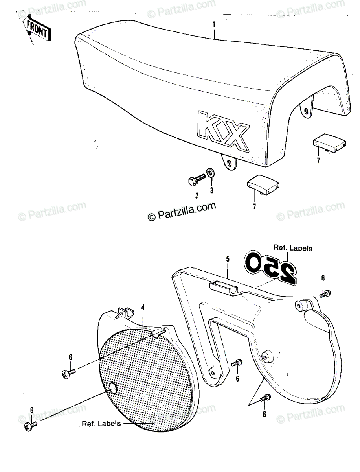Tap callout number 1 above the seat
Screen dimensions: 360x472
point(214,24)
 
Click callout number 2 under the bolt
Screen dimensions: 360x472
point(197,195)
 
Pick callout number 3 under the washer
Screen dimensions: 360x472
point(212,190)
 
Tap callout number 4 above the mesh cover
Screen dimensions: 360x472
point(143,308)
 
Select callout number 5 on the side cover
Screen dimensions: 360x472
point(228,259)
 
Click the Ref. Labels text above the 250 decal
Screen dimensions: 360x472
point(293,248)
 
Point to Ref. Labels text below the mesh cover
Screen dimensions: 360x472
point(101,424)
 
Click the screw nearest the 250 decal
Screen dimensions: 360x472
point(325,293)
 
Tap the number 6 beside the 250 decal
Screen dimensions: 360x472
point(323,278)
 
